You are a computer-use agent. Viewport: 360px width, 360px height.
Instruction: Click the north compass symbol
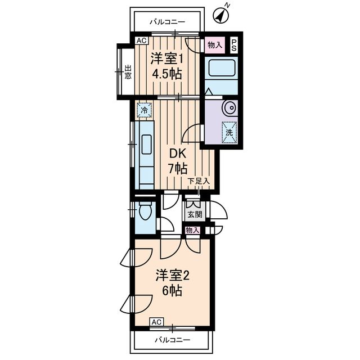[221, 15]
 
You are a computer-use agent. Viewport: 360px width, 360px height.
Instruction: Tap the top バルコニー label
[168, 22]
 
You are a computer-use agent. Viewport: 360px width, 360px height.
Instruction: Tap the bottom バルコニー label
[173, 340]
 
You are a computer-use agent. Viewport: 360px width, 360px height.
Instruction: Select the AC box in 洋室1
[142, 40]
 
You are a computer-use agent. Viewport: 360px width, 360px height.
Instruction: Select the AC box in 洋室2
[157, 322]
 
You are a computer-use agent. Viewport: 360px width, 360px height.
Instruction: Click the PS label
[234, 45]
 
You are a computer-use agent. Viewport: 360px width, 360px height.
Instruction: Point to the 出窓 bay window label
[128, 72]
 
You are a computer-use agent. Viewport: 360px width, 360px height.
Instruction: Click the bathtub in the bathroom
[222, 68]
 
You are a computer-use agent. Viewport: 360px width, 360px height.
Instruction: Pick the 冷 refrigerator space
[145, 110]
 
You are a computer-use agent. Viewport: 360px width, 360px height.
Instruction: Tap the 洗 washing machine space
[229, 132]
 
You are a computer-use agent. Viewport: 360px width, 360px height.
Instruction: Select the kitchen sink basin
[146, 145]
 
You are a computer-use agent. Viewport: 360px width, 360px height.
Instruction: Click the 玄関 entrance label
[195, 214]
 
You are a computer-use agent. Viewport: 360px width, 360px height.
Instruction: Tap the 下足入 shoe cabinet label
[199, 181]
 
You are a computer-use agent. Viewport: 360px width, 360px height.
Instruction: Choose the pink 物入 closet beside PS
[215, 45]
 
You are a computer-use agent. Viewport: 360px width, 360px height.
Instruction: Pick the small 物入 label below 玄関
[192, 230]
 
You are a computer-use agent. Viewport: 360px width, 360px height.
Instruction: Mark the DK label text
[178, 154]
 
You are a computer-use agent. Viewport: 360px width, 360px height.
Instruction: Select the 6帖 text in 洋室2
[172, 291]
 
